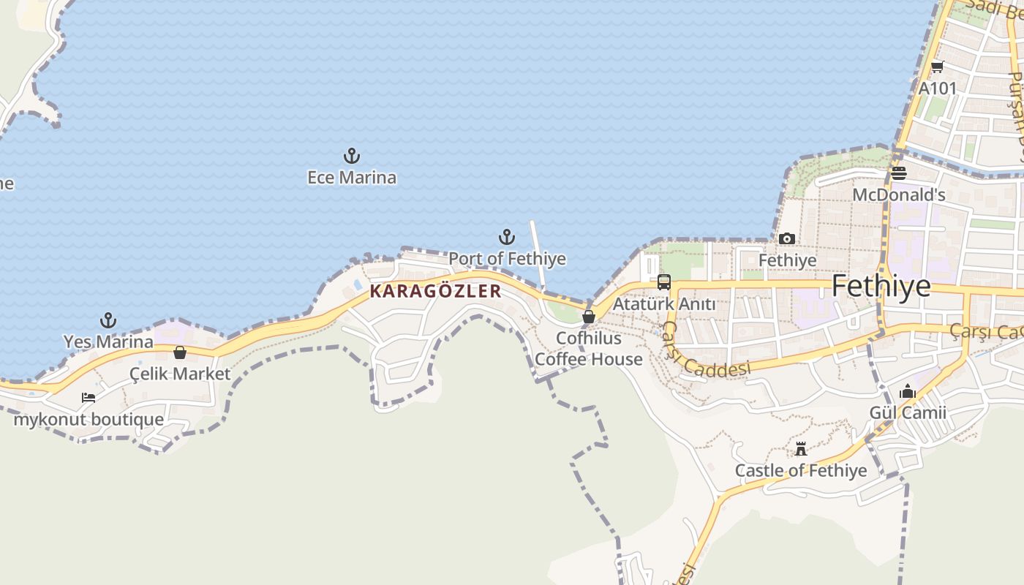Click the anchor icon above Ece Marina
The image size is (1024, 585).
[352, 156]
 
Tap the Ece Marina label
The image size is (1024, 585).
[352, 178]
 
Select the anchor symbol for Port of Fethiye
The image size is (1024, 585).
[507, 237]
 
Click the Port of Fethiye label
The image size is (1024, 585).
[507, 259]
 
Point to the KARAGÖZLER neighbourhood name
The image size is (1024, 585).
[436, 291]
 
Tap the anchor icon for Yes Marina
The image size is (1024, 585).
[108, 320]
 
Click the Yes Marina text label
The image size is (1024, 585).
[108, 341]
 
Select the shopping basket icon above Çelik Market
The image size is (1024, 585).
[180, 352]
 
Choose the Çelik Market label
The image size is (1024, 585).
[180, 374]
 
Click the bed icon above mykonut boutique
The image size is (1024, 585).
[89, 398]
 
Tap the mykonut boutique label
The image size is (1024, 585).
[89, 420]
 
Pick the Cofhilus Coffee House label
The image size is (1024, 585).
[589, 349]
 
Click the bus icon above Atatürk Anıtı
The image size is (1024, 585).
[664, 282]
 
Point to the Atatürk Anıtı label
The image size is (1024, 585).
[664, 303]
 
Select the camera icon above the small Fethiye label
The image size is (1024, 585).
[787, 238]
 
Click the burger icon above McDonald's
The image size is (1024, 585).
[899, 173]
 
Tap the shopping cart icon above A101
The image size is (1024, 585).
[937, 67]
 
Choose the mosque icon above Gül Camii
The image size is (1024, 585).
[908, 392]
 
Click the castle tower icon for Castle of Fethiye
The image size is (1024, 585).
[801, 449]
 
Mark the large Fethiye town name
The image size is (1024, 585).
[881, 286]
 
